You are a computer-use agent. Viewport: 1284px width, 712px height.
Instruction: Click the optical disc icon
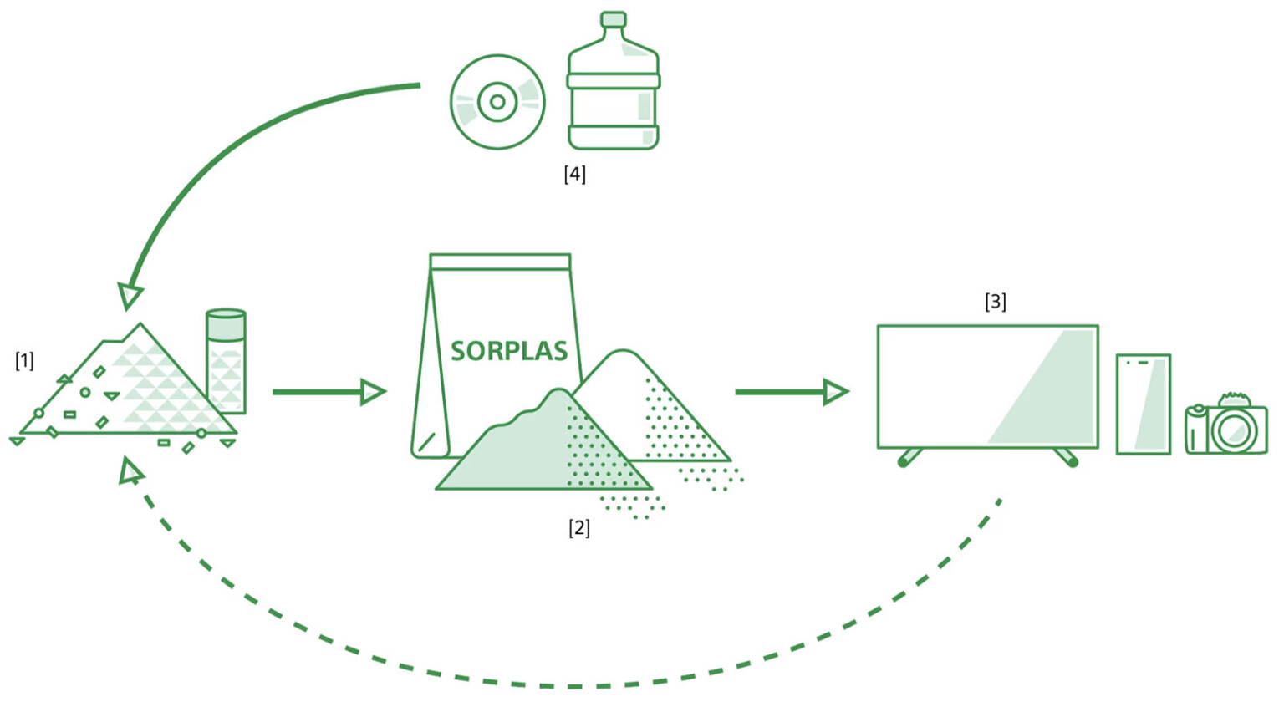[497, 102]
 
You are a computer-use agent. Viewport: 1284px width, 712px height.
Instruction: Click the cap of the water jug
[614, 19]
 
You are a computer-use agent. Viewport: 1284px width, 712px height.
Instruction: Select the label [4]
[574, 174]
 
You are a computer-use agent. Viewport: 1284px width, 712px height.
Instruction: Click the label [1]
[24, 360]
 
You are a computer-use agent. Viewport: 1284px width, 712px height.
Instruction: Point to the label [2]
[578, 527]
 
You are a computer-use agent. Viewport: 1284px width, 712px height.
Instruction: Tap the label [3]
[995, 301]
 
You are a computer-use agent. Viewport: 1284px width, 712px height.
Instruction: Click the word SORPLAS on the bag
[508, 351]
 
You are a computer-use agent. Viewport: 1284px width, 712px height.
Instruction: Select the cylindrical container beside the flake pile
[226, 361]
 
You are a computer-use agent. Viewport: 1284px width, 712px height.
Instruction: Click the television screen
[987, 386]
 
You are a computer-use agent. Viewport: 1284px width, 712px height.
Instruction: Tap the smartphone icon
[1143, 404]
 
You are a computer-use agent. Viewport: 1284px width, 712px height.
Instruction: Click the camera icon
[1225, 425]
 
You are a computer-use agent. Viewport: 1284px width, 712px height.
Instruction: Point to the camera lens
[1234, 431]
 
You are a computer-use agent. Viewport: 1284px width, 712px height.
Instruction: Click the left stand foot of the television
[908, 458]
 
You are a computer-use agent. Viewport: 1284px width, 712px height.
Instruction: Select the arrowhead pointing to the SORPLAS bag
[372, 391]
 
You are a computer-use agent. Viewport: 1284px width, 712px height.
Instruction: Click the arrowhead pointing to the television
[835, 391]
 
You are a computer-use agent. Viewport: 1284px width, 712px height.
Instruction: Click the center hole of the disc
[497, 102]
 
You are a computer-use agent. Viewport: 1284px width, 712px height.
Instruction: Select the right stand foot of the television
[1067, 458]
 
